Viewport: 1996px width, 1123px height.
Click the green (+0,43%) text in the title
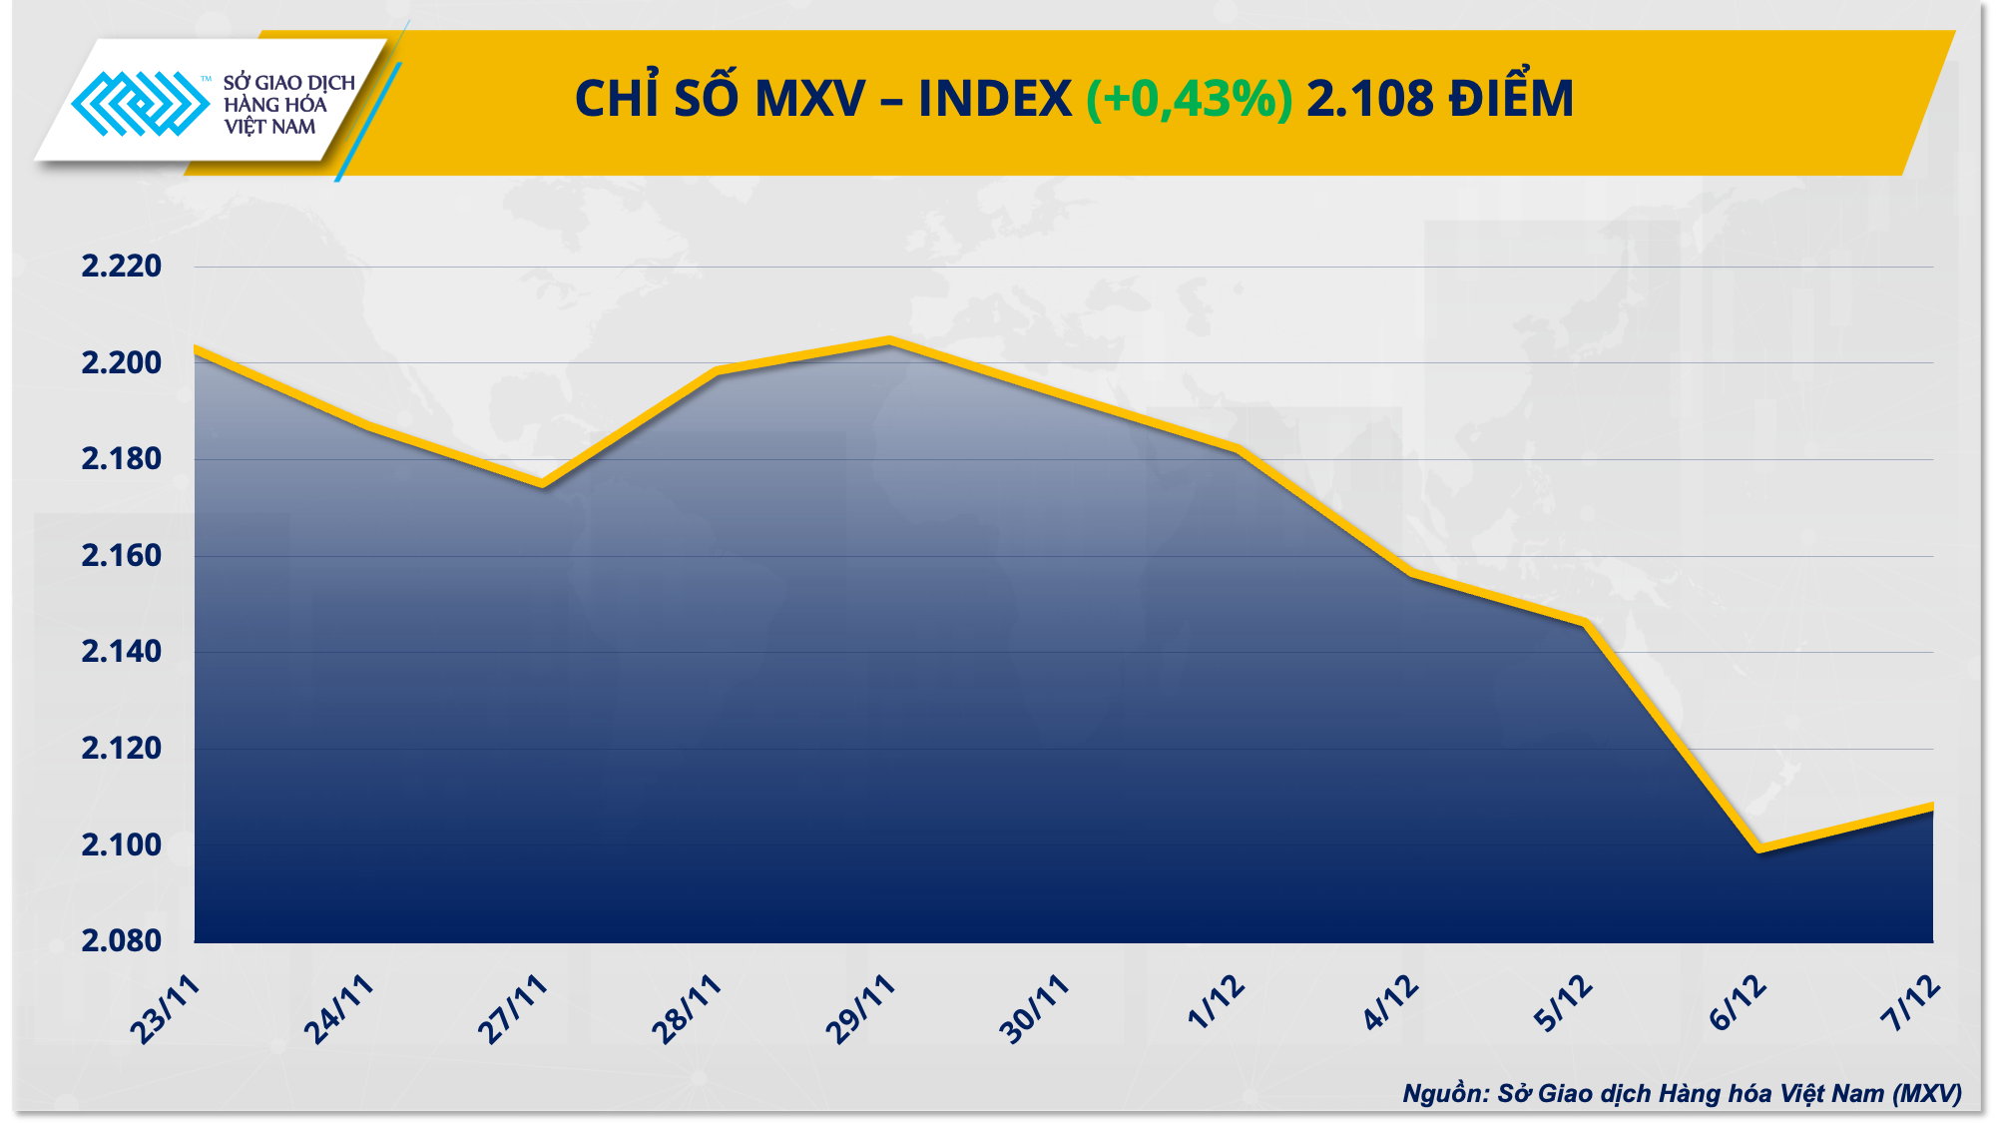pos(1189,99)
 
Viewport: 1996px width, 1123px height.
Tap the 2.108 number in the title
pos(1369,99)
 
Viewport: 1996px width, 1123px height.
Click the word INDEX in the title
pos(994,99)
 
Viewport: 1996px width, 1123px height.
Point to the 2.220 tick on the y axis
pos(121,267)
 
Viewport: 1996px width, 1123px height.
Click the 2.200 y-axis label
pos(121,363)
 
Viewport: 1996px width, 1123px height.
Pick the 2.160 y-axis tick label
pos(121,556)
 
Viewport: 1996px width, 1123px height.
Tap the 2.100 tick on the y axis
pos(121,845)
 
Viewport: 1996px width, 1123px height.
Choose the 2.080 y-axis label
pos(121,940)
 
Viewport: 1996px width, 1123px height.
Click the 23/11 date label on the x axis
pos(166,1010)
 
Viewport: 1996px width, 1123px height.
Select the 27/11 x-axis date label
pos(513,1010)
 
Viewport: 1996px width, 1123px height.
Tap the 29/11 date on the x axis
pos(860,1010)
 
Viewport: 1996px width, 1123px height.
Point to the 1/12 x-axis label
pos(1216,1002)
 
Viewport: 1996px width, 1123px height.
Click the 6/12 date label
pos(1738,1004)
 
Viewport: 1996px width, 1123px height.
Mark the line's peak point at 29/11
pos(890,341)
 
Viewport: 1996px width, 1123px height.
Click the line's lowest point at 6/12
pos(1758,848)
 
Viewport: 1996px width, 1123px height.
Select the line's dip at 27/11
pos(542,484)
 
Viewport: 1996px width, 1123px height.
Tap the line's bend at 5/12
pos(1585,623)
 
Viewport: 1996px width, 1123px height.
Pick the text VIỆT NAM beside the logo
pos(269,127)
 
